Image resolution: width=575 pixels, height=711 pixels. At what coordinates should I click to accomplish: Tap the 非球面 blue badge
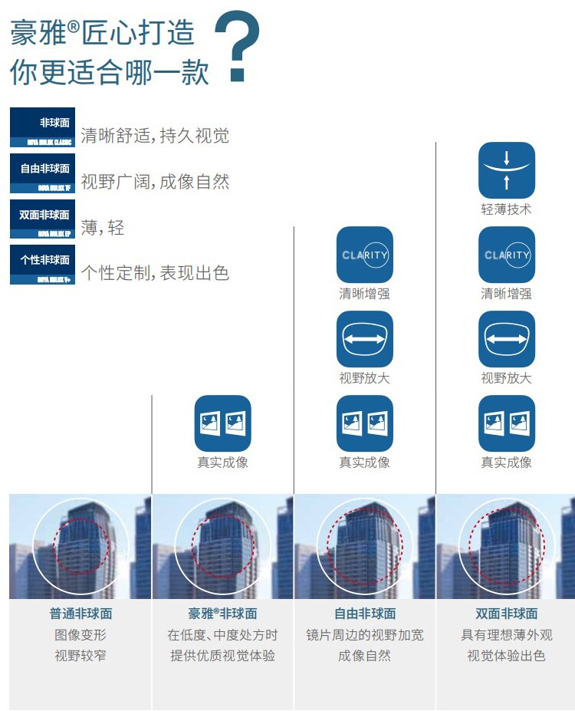42,127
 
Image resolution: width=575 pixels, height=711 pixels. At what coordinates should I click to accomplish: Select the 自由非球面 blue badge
42,173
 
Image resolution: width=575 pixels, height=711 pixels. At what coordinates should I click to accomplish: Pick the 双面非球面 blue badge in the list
42,219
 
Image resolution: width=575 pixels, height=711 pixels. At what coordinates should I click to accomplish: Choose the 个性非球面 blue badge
42,265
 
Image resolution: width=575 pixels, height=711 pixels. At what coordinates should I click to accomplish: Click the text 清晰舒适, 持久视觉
155,137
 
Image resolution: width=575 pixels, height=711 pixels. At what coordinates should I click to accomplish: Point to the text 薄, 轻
102,228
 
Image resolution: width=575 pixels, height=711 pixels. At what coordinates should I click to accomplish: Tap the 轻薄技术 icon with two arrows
506,170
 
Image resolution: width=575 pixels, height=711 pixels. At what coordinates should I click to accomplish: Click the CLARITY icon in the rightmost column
506,255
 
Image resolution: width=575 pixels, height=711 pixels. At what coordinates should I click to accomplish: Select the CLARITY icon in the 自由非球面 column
364,255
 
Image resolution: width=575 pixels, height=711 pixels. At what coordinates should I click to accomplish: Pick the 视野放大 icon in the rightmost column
506,339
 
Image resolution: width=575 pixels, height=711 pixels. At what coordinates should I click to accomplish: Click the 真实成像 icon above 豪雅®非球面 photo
222,423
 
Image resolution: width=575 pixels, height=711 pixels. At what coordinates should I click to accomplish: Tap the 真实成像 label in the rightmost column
506,462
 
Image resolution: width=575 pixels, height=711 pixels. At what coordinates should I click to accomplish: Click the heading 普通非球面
80,614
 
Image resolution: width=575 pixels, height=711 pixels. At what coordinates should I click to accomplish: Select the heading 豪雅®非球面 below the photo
222,614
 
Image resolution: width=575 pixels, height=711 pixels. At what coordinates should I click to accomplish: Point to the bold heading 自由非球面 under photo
365,614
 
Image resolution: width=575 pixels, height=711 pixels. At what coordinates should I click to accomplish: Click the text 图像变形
80,635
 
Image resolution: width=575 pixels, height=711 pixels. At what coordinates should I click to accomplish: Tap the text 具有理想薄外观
506,635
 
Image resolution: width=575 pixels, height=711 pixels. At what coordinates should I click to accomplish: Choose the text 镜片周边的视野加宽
365,635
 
